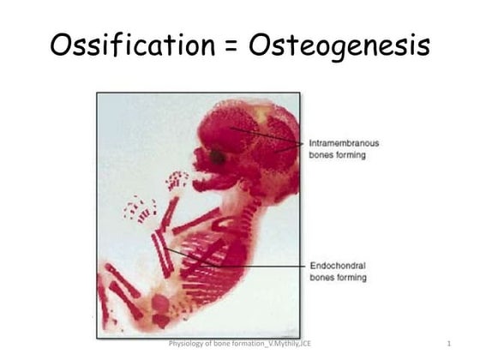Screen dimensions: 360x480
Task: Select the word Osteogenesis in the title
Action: pos(339,45)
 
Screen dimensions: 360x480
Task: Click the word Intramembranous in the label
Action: pos(342,143)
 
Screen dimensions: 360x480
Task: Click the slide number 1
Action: pos(448,344)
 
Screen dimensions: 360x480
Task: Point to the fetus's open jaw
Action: pos(210,182)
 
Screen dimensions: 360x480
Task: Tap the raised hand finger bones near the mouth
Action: pos(177,180)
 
